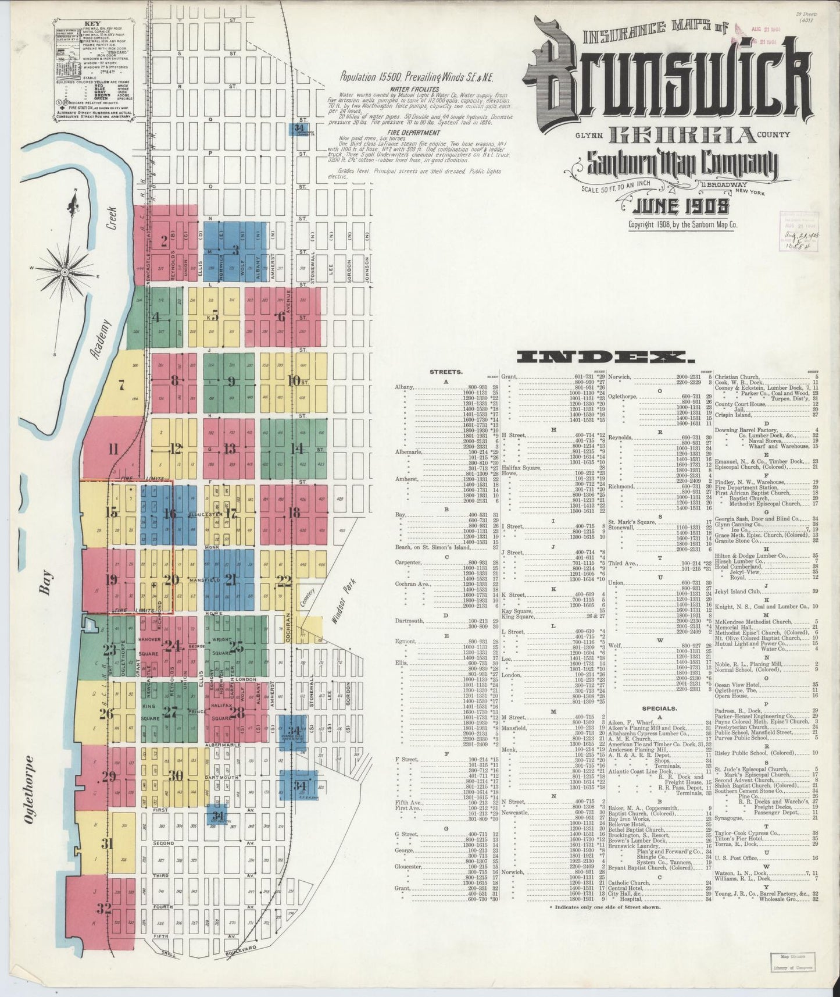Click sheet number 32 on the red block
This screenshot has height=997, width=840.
tap(104, 909)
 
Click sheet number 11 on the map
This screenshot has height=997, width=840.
tap(113, 449)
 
